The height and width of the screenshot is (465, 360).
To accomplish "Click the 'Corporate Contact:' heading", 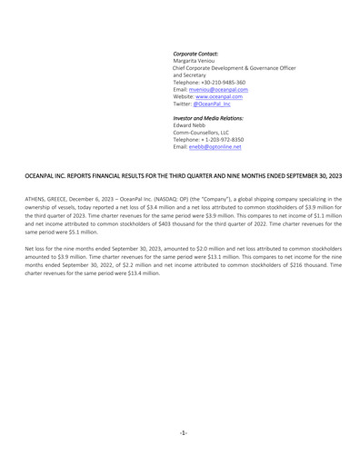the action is click(195, 54).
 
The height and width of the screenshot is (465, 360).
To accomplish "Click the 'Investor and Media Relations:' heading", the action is click(210, 117).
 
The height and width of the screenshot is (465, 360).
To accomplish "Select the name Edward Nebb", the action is click(189, 124).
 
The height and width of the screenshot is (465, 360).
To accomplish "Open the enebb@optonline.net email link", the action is click(215, 146).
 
